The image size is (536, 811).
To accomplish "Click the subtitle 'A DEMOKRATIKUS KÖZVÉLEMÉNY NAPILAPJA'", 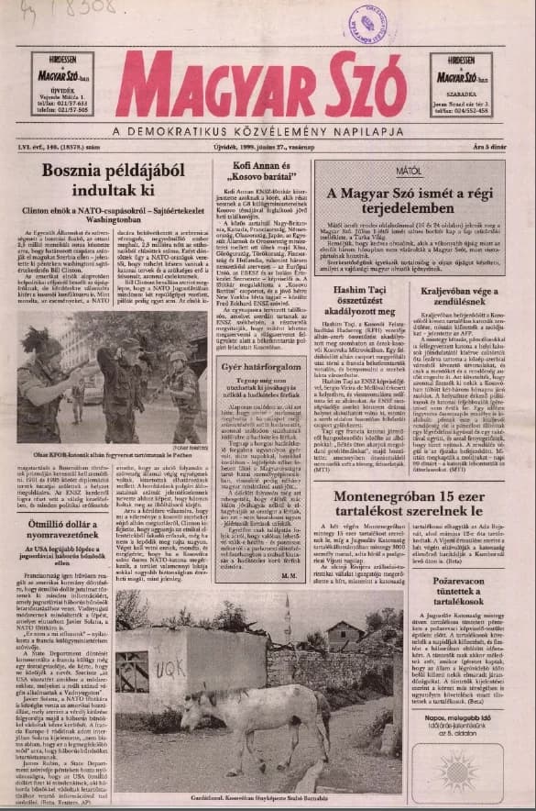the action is (x=268, y=129).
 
